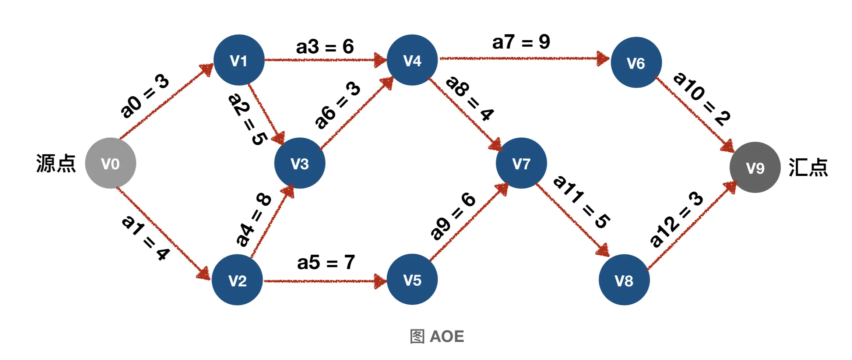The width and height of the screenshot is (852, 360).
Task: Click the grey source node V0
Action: (110, 163)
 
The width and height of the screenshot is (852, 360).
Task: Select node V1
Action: (239, 60)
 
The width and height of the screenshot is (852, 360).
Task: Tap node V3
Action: (300, 163)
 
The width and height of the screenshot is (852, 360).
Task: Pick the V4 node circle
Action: (412, 60)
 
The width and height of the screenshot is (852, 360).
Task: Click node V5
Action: (412, 279)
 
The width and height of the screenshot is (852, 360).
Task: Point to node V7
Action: (521, 163)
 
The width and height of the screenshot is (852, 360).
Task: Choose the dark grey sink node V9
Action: (755, 167)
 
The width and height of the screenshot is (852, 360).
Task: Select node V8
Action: (624, 280)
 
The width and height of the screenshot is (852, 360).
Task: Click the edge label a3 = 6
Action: (325, 47)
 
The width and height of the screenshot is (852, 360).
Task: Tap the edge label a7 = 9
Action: (521, 42)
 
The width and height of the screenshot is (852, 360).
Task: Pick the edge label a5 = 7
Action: (326, 262)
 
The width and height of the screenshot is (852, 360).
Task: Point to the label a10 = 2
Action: (702, 99)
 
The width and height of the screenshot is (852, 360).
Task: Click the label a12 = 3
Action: (676, 219)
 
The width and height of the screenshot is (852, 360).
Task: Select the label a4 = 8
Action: (254, 219)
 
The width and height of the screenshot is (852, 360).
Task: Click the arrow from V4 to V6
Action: (525, 59)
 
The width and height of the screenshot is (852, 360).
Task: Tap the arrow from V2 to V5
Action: (325, 281)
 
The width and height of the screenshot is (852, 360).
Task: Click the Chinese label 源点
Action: (56, 163)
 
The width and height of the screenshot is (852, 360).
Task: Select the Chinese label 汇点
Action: (808, 167)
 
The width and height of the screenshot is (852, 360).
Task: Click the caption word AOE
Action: (447, 336)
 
